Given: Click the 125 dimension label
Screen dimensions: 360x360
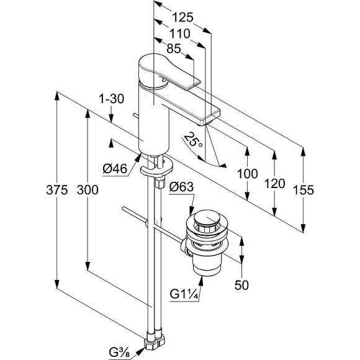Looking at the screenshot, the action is tap(182, 17).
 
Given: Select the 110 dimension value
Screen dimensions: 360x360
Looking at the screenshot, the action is tap(179, 34).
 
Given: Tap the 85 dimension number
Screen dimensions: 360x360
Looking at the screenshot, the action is tap(174, 48).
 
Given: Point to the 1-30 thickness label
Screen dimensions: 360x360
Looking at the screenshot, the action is tap(111, 99).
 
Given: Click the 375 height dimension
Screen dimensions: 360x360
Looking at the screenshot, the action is tap(57, 190).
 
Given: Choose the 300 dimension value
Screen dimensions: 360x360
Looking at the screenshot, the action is tap(88, 190).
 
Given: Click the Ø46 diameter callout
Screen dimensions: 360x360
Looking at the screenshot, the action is tap(115, 169).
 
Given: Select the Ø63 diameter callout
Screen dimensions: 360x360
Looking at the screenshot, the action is tap(181, 187).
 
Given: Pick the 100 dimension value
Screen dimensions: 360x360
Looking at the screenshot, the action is tap(247, 174).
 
